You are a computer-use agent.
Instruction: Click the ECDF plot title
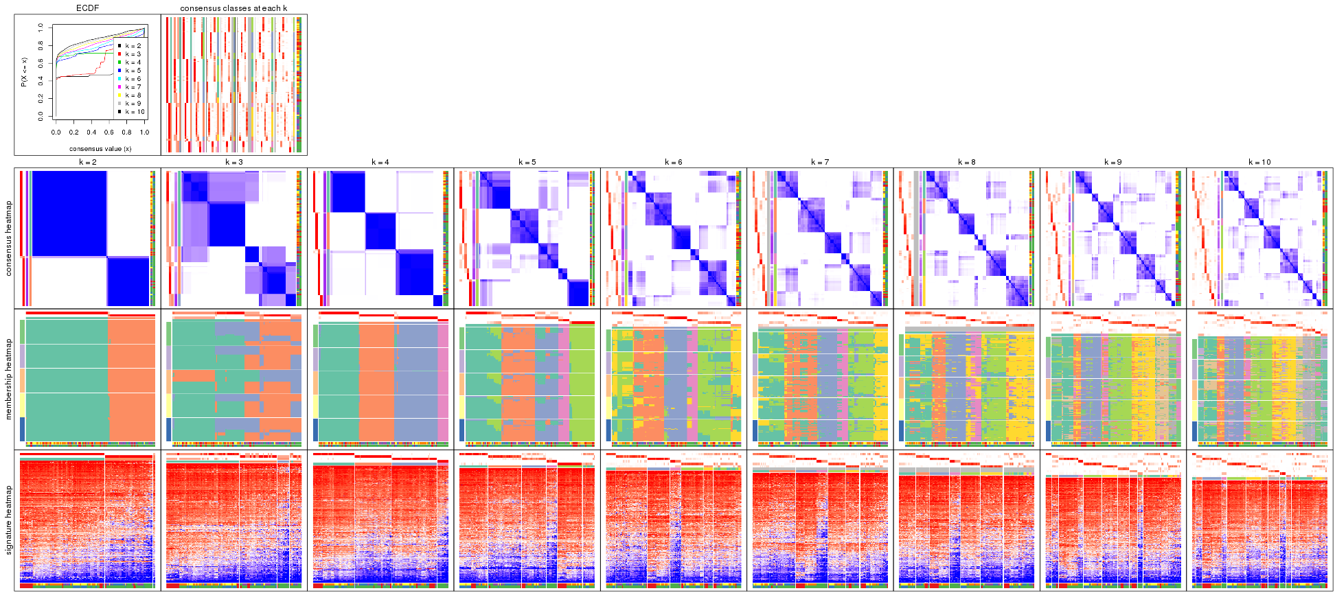click(87, 8)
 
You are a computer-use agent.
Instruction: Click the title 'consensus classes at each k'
click(233, 8)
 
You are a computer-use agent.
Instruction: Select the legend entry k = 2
click(133, 46)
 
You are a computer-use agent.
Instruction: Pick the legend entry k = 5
click(133, 71)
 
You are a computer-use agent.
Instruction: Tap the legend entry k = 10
click(134, 112)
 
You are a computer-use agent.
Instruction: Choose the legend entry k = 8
click(133, 95)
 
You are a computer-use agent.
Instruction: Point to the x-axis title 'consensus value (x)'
click(100, 148)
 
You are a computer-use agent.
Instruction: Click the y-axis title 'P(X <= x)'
click(23, 72)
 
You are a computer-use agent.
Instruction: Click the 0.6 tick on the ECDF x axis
click(109, 132)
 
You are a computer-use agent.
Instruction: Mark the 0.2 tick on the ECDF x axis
click(73, 132)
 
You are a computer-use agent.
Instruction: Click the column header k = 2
click(87, 163)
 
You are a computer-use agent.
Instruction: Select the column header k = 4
click(380, 163)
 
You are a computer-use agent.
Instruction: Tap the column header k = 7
click(820, 163)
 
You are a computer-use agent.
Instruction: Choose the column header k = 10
click(1259, 163)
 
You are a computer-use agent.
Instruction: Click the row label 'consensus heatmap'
click(9, 238)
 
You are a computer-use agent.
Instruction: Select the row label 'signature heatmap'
click(9, 520)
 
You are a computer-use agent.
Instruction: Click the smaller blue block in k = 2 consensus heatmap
click(128, 281)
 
